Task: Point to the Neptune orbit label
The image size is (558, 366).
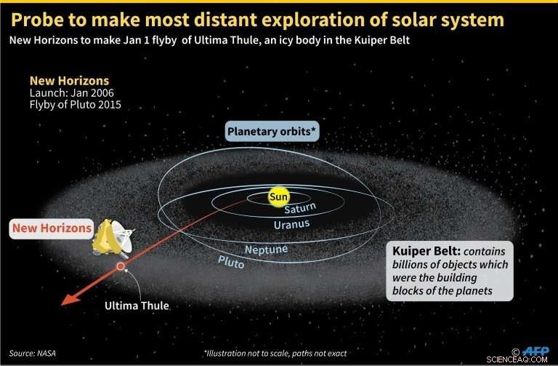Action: point(265,250)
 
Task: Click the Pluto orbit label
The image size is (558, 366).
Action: point(231,261)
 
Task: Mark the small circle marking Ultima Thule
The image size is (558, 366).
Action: point(121,267)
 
